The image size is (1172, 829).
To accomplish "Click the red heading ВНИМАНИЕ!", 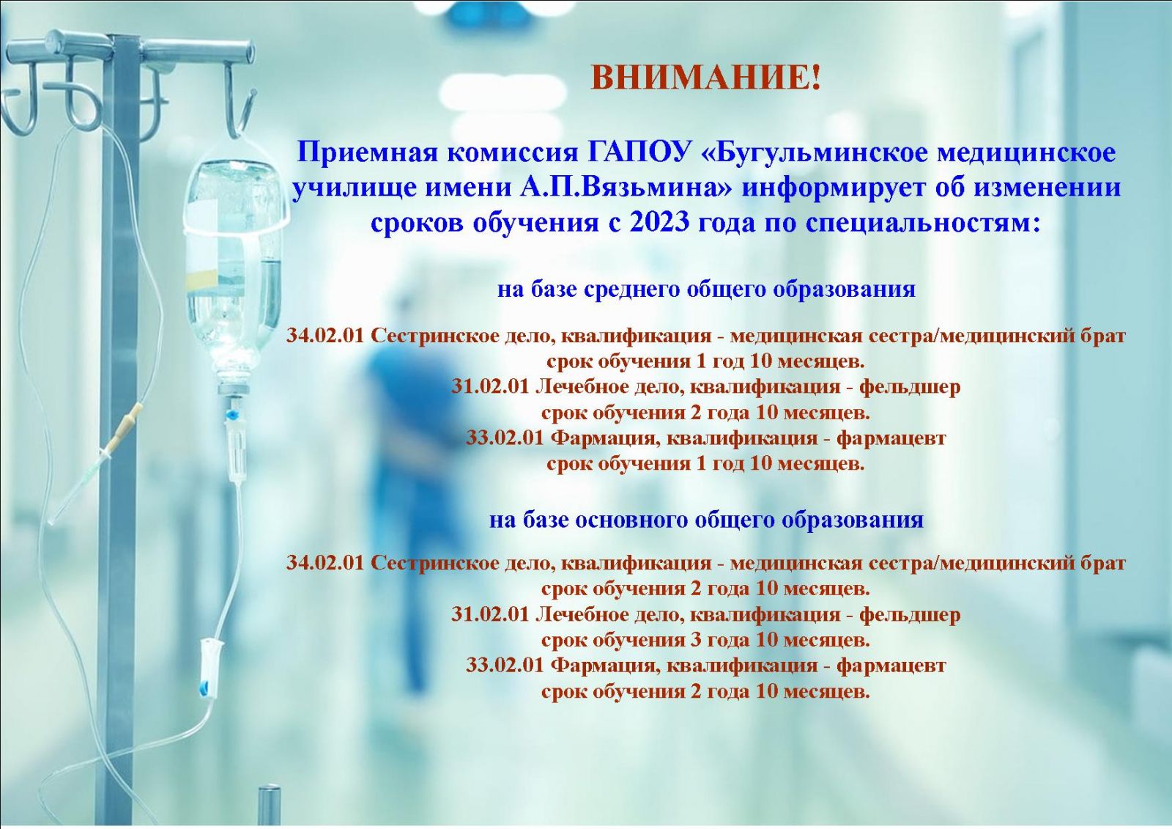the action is click(706, 78).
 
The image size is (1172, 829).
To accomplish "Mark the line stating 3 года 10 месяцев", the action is click(706, 640).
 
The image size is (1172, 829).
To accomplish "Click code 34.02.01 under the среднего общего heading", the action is click(325, 335).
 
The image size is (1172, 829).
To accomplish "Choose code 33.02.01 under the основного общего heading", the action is click(505, 666).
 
